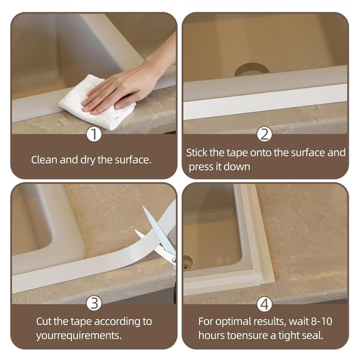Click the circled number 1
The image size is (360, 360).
pos(93,134)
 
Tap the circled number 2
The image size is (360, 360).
pos(264,134)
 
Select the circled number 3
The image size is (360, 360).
pos(93,304)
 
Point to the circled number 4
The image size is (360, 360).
pos(264,304)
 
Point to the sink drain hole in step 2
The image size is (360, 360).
pos(251,69)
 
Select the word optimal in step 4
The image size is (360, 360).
pos(234,322)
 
